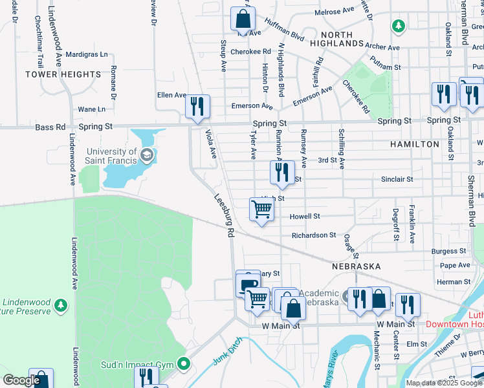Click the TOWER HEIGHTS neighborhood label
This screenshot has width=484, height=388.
click(x=63, y=74)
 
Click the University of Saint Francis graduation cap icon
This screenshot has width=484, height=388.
click(x=148, y=155)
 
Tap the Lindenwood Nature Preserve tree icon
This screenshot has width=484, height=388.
click(x=60, y=304)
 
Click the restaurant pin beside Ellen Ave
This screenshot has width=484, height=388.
click(x=197, y=105)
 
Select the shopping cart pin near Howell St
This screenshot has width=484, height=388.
click(x=261, y=210)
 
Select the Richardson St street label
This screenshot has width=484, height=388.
click(x=313, y=235)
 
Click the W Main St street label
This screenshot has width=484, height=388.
click(x=282, y=325)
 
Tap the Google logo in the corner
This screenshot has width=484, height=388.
click(x=21, y=380)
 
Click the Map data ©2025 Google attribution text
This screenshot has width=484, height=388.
click(x=444, y=383)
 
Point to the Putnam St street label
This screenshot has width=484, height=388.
click(x=386, y=66)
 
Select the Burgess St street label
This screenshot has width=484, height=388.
click(x=449, y=250)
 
